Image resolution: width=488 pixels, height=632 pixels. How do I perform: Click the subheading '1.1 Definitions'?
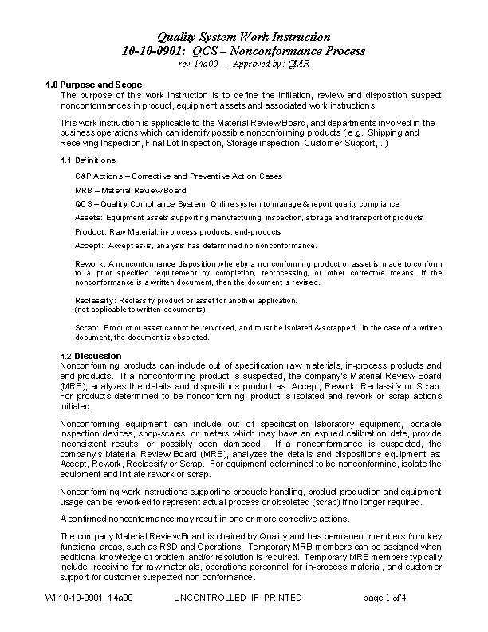coord(89,160)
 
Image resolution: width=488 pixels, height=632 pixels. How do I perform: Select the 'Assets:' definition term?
coord(88,217)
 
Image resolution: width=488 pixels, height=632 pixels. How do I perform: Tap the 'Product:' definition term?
coord(90,231)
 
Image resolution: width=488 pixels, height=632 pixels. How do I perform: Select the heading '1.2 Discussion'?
coord(91,355)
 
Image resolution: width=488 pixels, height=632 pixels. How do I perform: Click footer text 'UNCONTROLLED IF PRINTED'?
coord(238,598)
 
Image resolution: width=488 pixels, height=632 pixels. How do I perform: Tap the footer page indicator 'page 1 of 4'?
coord(384,598)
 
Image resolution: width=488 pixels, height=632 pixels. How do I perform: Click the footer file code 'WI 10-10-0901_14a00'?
coord(89,598)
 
